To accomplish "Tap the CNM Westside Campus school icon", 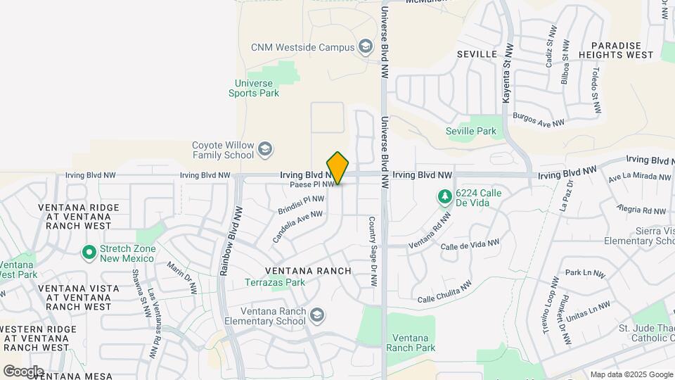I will [x=365, y=47].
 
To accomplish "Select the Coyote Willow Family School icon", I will [x=265, y=149].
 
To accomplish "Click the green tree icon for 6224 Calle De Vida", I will [x=444, y=196].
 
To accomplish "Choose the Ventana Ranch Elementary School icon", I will [x=317, y=315].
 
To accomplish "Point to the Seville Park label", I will [x=470, y=131].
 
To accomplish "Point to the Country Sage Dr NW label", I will [x=373, y=251].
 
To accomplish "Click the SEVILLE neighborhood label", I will [x=477, y=54].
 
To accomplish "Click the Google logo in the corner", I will [x=23, y=371].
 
